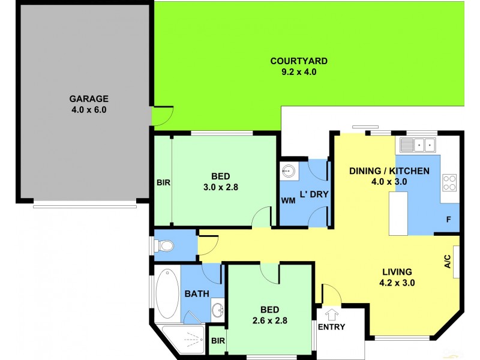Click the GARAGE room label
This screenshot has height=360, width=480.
[88, 98]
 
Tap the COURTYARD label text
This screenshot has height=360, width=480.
[298, 61]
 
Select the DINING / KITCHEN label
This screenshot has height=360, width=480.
[389, 171]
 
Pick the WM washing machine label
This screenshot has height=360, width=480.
[288, 200]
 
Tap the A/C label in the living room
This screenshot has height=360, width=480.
[446, 261]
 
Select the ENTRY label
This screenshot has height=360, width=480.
[331, 326]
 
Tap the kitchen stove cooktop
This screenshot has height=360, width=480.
[449, 182]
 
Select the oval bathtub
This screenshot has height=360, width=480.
[167, 293]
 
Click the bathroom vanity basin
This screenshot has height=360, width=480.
[217, 310]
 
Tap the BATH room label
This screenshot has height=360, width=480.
[196, 294]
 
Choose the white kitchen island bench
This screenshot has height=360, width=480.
[398, 213]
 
